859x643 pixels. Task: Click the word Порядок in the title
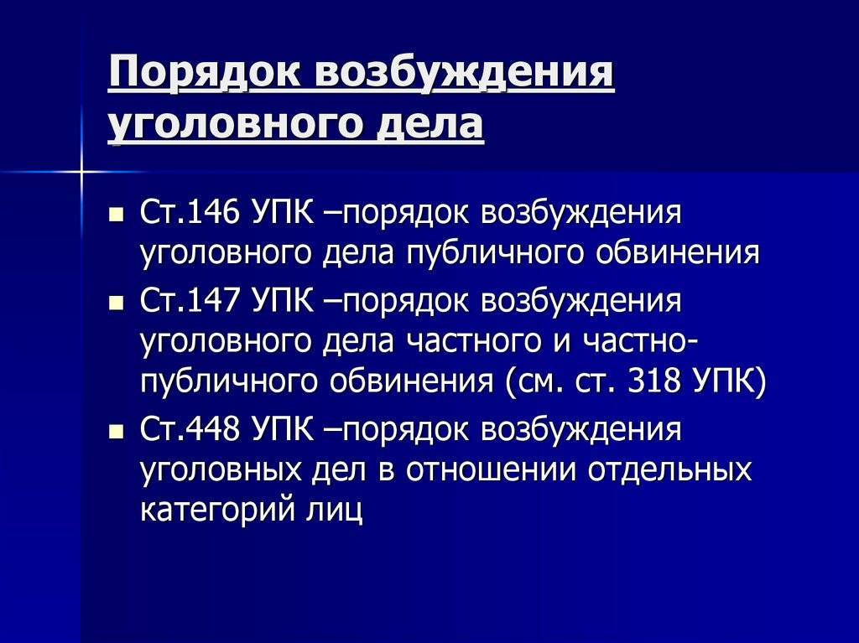pyautogui.click(x=204, y=72)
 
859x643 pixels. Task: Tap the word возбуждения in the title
pyautogui.click(x=465, y=72)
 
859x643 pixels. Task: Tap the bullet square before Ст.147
pyautogui.click(x=116, y=303)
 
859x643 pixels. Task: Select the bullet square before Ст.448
pyautogui.click(x=116, y=432)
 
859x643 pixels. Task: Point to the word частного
pyautogui.click(x=473, y=340)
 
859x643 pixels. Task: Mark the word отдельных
pyautogui.click(x=669, y=471)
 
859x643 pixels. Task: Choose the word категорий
pyautogui.click(x=216, y=511)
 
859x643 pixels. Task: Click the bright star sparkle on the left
pyautogui.click(x=81, y=172)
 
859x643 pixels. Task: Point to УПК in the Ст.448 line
pyautogui.click(x=284, y=429)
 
